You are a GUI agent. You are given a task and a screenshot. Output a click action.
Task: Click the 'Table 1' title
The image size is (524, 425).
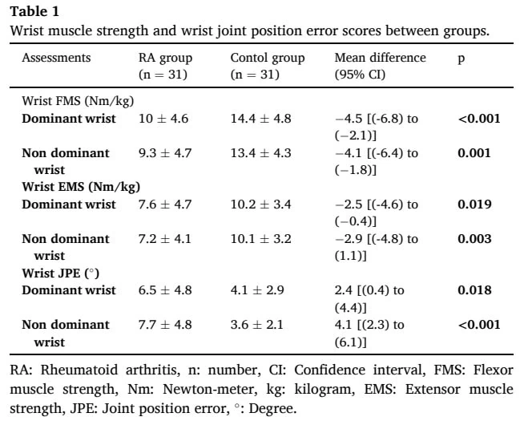tap(34, 12)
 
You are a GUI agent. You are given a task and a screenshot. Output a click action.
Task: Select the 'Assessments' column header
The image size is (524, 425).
tap(56, 58)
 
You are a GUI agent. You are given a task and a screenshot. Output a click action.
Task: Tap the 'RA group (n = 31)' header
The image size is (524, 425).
tap(165, 66)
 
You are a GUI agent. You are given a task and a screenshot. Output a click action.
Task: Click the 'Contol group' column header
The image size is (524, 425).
tap(268, 58)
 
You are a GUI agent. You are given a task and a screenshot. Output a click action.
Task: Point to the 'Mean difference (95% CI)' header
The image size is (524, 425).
tap(380, 66)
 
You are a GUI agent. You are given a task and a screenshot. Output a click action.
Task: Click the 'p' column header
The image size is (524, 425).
tap(462, 59)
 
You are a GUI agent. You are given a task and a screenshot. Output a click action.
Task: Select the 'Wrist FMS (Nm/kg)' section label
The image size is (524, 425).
tap(78, 101)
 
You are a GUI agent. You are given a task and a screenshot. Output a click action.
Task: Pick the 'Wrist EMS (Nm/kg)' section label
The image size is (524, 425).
tap(81, 187)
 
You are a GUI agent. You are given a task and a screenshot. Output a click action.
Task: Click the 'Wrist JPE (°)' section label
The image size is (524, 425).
tap(60, 273)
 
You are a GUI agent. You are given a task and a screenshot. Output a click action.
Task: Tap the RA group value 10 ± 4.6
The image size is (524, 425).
tap(163, 119)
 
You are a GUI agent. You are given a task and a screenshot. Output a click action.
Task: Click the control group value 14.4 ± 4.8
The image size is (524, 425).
tap(260, 119)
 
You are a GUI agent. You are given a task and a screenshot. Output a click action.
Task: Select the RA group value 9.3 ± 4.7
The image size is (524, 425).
tap(165, 153)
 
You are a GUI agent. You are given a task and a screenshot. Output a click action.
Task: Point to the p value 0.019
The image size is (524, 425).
tap(474, 204)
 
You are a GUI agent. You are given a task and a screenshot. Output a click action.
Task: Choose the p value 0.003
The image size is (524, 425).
tap(474, 238)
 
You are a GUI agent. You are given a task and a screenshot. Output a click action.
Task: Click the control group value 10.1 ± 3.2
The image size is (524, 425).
tap(260, 239)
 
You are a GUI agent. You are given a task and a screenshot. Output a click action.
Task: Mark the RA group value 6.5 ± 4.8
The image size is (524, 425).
tap(165, 290)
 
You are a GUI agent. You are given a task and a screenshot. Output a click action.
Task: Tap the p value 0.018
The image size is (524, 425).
tap(474, 290)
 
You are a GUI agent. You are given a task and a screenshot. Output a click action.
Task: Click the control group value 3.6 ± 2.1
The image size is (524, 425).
tap(256, 324)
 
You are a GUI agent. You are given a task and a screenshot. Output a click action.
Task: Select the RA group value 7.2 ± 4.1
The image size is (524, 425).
tap(165, 239)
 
